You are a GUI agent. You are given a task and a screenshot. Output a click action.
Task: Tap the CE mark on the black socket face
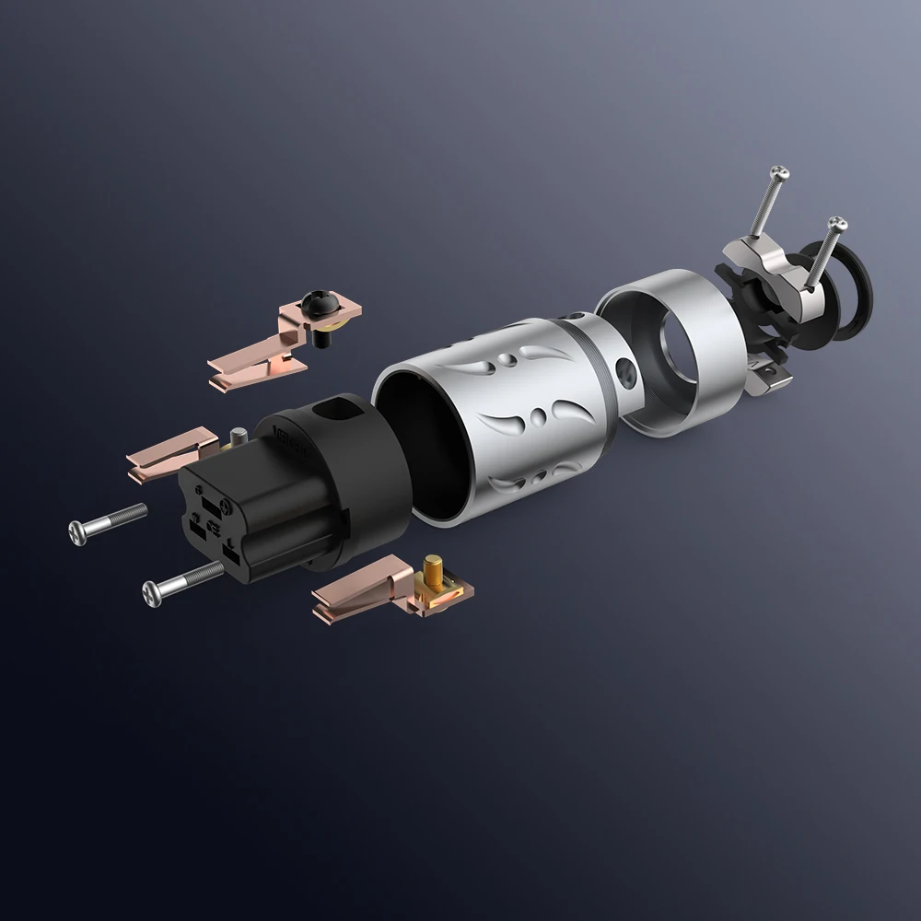click(x=213, y=527)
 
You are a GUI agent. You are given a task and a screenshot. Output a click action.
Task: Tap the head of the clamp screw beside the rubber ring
click(x=835, y=223)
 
